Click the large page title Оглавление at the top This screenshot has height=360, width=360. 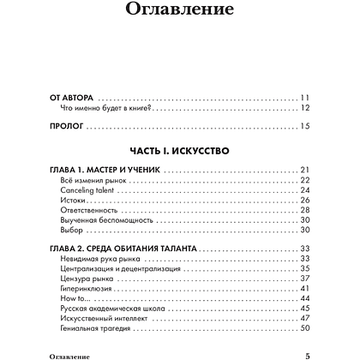(179, 12)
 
